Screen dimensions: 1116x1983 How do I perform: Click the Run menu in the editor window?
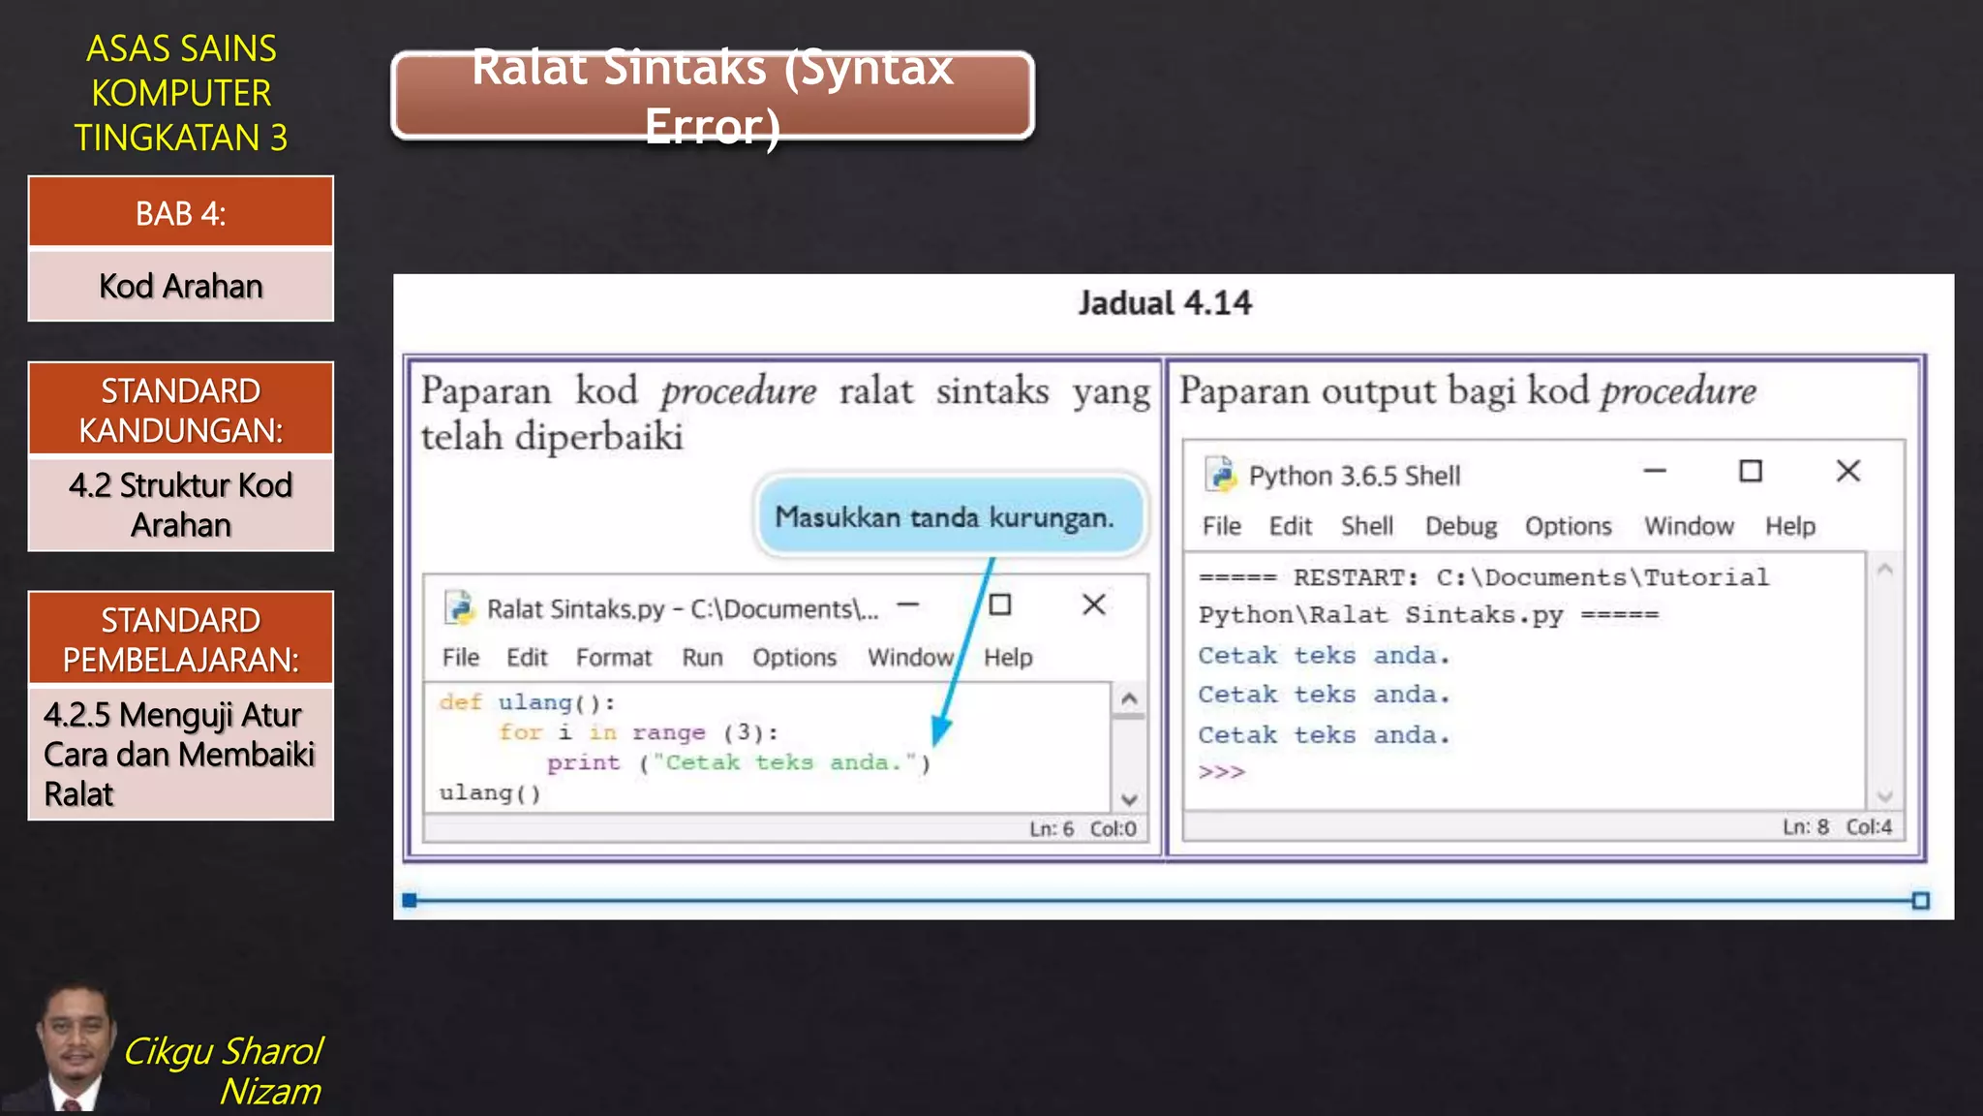702,658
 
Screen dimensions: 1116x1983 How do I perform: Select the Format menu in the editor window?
614,658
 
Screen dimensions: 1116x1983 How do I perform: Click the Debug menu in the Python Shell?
1460,526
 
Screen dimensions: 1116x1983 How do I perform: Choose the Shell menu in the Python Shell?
1366,526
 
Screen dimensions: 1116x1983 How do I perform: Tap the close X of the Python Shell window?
1847,472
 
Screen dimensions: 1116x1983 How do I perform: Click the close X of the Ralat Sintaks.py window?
1093,604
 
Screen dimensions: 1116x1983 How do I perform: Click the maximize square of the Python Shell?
1750,472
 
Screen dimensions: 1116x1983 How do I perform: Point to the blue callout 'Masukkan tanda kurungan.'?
945,517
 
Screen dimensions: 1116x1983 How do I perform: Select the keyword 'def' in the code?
460,702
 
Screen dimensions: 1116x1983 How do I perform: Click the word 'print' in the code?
583,763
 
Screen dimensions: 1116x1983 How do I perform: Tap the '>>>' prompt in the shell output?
1221,773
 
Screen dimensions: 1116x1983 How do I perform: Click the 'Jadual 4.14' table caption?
1165,304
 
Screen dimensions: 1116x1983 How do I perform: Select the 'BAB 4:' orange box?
181,213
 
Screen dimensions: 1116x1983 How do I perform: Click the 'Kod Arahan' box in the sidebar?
181,287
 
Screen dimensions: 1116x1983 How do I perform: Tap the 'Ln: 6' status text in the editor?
1051,829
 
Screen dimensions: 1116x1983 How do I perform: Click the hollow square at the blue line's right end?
1920,901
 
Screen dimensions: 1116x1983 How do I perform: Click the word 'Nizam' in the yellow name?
270,1092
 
